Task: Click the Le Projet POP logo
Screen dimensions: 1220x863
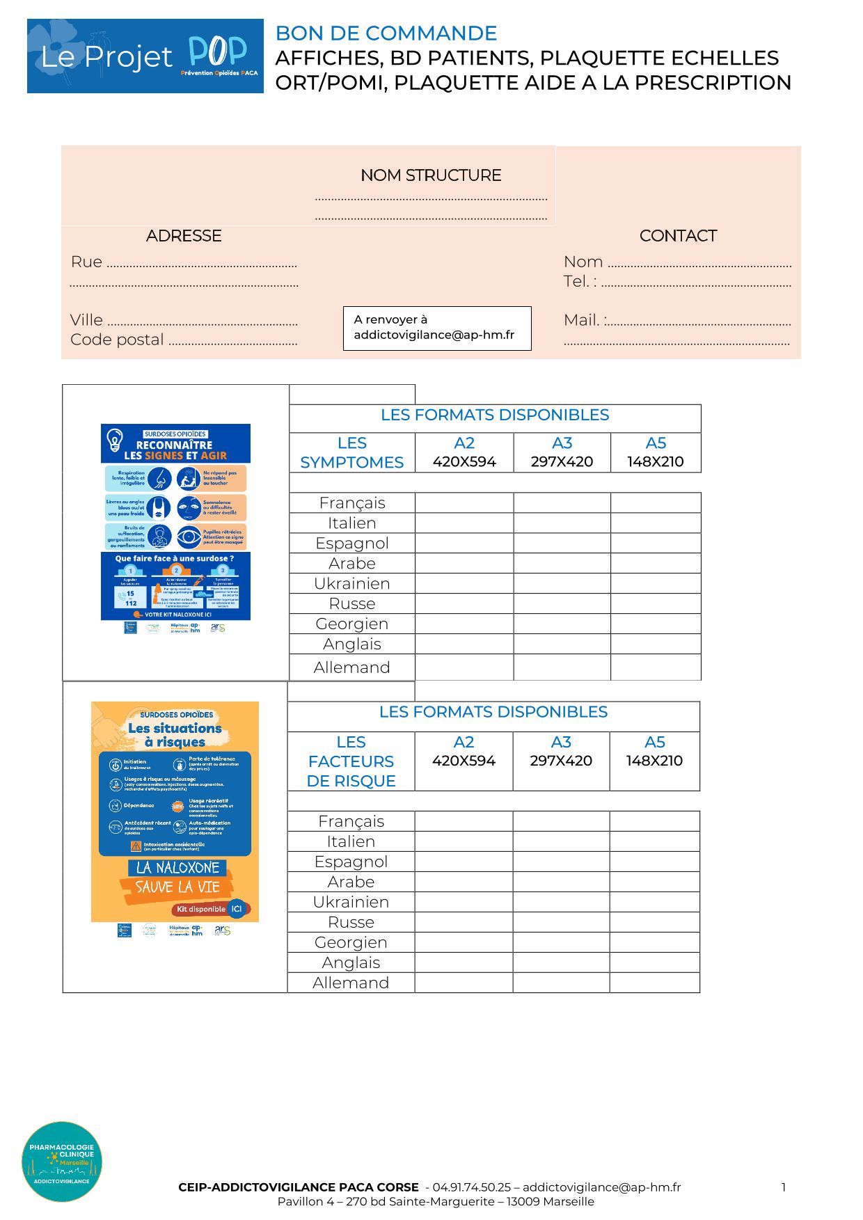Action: pyautogui.click(x=145, y=56)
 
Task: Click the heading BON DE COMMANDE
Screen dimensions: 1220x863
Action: pyautogui.click(x=386, y=33)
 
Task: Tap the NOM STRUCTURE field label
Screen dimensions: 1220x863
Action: pyautogui.click(x=431, y=175)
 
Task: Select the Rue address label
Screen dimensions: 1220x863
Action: pyautogui.click(x=86, y=262)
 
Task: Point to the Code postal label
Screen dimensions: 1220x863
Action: pyautogui.click(x=117, y=340)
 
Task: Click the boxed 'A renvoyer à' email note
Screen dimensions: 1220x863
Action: pyautogui.click(x=437, y=328)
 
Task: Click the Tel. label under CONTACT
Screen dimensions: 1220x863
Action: pyautogui.click(x=579, y=281)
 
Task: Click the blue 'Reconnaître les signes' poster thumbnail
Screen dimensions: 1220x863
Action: pyautogui.click(x=175, y=522)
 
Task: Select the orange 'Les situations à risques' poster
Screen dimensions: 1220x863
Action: pyautogui.click(x=175, y=811)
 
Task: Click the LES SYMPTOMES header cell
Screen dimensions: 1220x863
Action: pyautogui.click(x=351, y=452)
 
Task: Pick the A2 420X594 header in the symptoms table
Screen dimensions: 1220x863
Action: pyautogui.click(x=464, y=452)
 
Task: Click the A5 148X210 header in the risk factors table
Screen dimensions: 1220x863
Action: pyautogui.click(x=654, y=752)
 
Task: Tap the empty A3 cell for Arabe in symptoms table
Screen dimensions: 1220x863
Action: pyautogui.click(x=562, y=563)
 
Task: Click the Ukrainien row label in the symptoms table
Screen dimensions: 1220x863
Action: pyautogui.click(x=351, y=583)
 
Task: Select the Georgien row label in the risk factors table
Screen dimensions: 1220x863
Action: pyautogui.click(x=351, y=942)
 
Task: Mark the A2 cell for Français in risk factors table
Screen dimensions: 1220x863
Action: pyautogui.click(x=464, y=821)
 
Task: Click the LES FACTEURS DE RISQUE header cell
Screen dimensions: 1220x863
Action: pyautogui.click(x=351, y=761)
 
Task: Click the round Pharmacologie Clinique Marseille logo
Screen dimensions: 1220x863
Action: pyautogui.click(x=62, y=1162)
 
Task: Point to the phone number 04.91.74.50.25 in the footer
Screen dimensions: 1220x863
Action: pyautogui.click(x=471, y=1187)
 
